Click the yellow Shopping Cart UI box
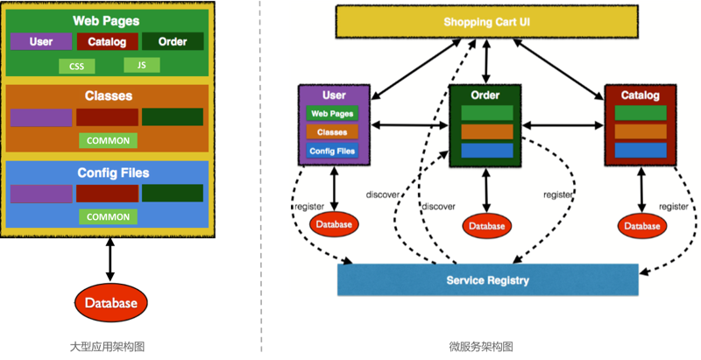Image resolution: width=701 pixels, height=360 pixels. [487, 22]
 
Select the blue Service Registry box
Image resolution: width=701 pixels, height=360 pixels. [487, 280]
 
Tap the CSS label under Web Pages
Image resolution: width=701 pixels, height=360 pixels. [76, 67]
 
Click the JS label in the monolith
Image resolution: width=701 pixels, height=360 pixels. [141, 64]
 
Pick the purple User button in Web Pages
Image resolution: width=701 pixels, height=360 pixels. [41, 41]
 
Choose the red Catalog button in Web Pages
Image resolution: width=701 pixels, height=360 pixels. [107, 41]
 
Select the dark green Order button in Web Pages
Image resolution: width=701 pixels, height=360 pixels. [173, 41]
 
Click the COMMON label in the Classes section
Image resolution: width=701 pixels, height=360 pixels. [108, 140]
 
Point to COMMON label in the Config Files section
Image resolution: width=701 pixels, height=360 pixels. [108, 216]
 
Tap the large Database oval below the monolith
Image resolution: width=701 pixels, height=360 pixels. [110, 303]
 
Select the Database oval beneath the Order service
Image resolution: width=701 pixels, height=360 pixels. [486, 226]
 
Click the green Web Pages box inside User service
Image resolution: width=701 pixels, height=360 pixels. [332, 114]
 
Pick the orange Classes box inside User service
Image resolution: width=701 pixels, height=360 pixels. [332, 132]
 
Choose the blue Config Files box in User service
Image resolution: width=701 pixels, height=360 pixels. [332, 151]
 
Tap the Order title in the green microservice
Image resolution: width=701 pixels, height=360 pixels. [485, 95]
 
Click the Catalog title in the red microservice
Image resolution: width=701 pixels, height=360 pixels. [639, 95]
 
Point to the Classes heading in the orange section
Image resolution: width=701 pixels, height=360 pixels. [108, 95]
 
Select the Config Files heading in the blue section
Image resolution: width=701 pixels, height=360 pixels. [108, 173]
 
